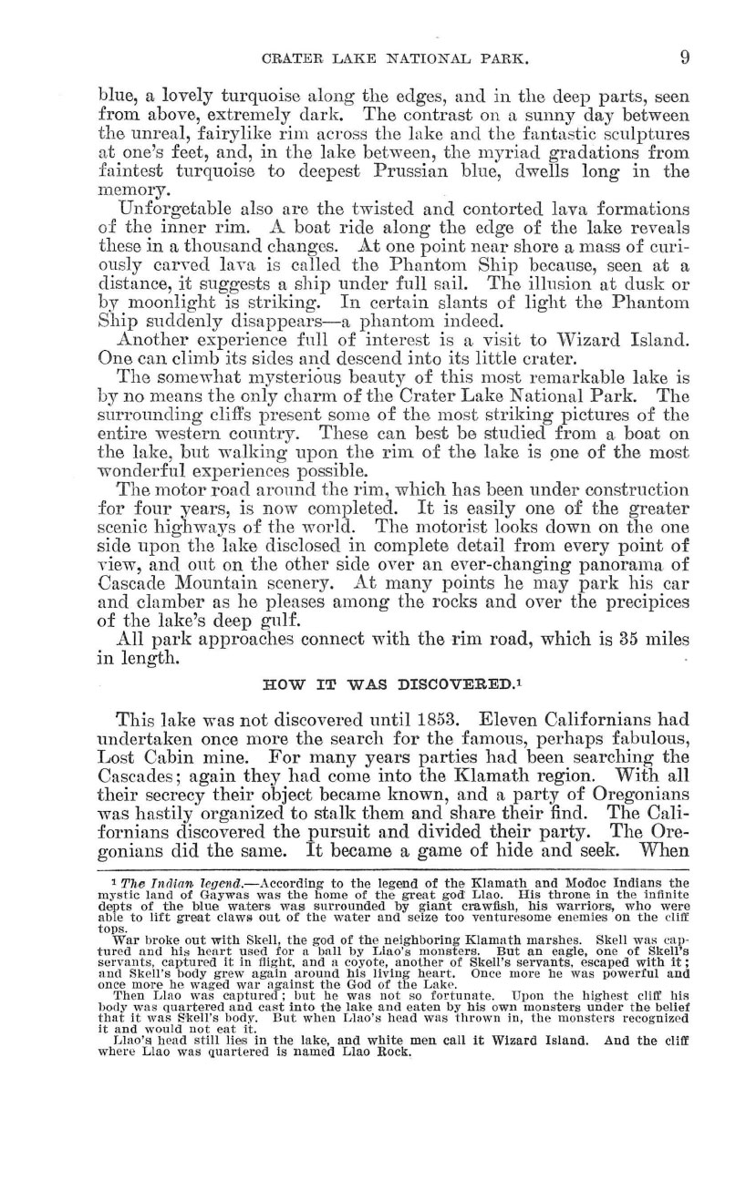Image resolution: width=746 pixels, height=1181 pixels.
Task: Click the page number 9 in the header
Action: tap(683, 57)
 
